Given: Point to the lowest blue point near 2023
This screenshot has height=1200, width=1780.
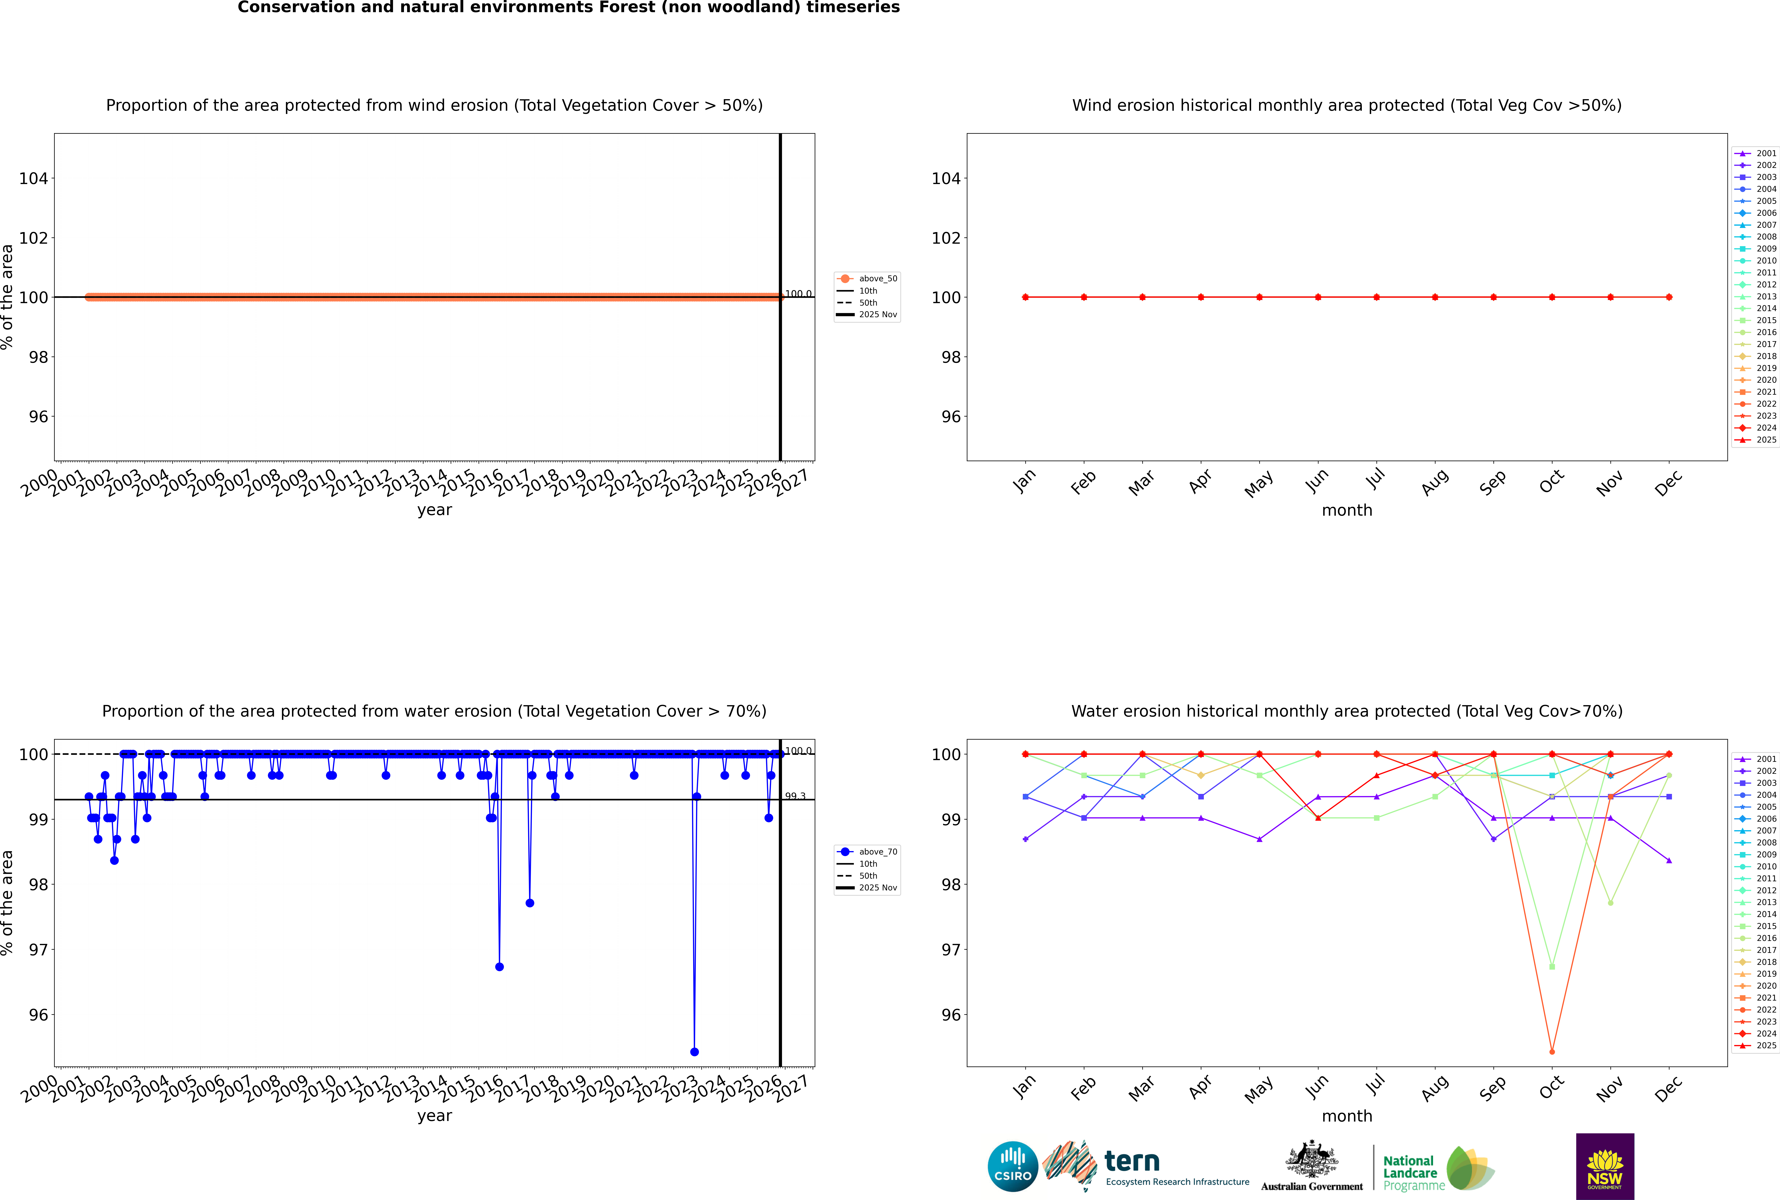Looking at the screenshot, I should coord(694,1051).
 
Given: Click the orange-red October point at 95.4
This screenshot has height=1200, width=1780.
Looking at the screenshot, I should coord(1552,1051).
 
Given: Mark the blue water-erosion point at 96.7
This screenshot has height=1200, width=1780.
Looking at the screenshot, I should coord(500,967).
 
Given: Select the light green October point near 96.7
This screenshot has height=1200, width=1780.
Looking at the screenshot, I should coord(1552,967).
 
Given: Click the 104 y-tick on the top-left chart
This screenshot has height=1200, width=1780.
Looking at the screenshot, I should coord(34,178).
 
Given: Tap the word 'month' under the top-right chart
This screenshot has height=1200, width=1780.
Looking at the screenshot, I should coord(1347,511).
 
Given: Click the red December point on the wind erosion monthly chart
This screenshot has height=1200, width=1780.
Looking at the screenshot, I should coord(1669,297).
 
